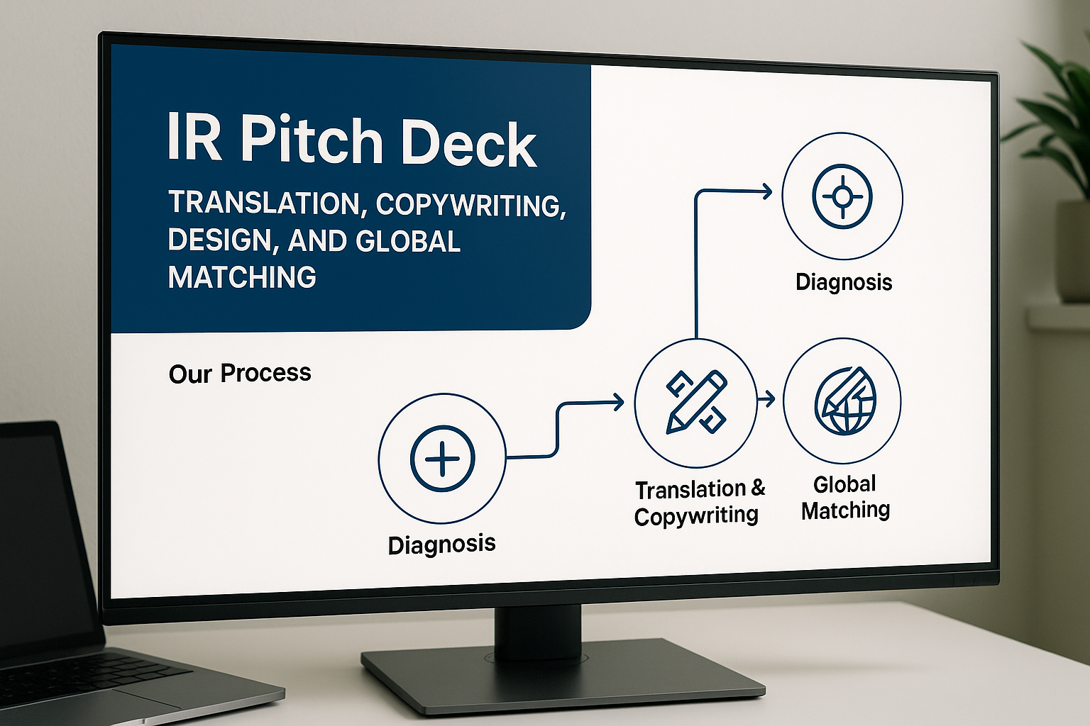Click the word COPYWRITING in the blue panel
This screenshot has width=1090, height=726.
tap(471, 205)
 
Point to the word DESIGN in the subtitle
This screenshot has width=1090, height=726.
tap(219, 241)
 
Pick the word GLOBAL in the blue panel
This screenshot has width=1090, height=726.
tap(407, 242)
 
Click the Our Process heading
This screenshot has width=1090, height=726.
tap(240, 373)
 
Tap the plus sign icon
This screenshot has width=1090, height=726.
tap(442, 458)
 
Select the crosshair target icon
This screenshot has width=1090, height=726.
tap(842, 196)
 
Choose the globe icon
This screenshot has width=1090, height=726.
tap(844, 401)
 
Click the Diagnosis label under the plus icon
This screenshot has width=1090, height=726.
tap(441, 544)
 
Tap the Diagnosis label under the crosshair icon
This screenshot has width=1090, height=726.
tap(843, 282)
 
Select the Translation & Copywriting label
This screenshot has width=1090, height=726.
tap(698, 502)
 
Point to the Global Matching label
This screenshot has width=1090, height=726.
tap(844, 497)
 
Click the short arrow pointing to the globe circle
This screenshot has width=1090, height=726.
tap(766, 400)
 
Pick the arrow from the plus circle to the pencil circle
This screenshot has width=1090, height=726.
tap(561, 425)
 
